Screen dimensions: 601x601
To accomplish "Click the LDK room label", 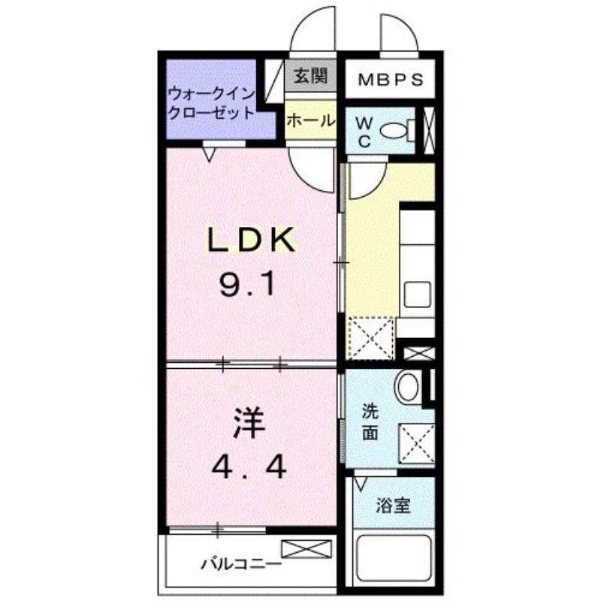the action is click(x=251, y=240).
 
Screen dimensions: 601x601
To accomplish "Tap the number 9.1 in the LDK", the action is click(x=248, y=285).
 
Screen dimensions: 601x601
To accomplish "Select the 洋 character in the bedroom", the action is click(x=249, y=423).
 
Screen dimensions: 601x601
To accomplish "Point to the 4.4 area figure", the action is click(x=249, y=467).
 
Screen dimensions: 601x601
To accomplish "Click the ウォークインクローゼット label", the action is click(x=212, y=104).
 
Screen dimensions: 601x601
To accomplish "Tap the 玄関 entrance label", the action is click(x=310, y=77).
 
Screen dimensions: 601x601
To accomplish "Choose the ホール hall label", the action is click(x=310, y=121).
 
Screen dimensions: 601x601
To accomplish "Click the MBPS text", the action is click(x=391, y=80).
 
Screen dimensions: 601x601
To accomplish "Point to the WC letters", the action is click(x=364, y=132).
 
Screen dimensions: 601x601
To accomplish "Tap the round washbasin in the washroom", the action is click(x=407, y=386).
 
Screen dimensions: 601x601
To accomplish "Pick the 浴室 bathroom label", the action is click(x=393, y=506).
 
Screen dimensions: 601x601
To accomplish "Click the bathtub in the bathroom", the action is click(x=394, y=559).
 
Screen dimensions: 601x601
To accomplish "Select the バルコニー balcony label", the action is click(x=241, y=564).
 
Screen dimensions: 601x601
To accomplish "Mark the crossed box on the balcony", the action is click(x=307, y=548).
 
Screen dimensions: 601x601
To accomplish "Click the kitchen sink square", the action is click(x=418, y=294).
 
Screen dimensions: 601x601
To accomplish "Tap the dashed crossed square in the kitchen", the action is click(x=370, y=339).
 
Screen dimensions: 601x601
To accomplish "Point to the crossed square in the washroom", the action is click(x=417, y=444).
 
